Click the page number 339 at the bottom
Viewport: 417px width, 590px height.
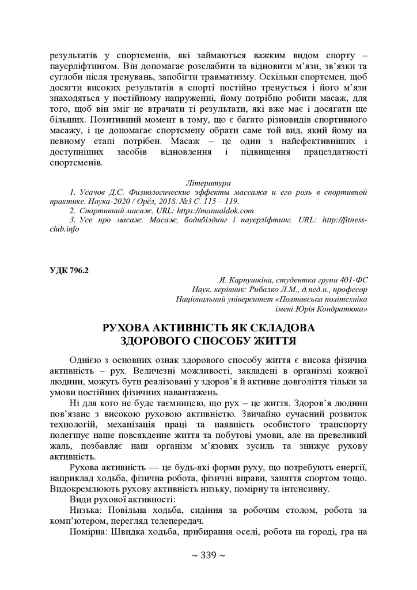pos(208,556)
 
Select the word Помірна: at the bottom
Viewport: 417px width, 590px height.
pos(89,533)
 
